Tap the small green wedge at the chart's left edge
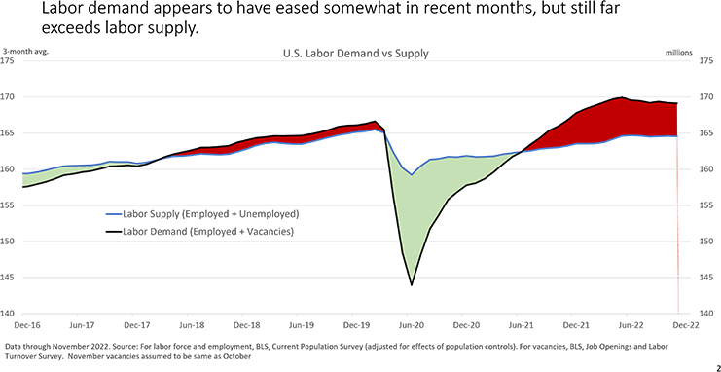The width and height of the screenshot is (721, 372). click(x=29, y=177)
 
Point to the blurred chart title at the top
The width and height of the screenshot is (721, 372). click(x=341, y=15)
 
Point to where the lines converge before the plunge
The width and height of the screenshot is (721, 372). click(x=385, y=130)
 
